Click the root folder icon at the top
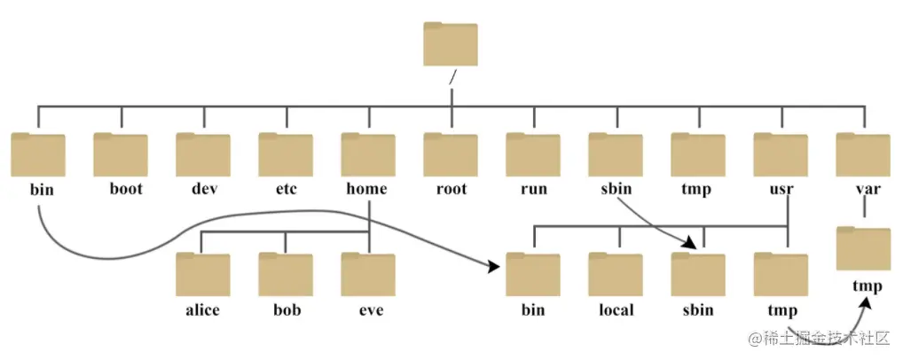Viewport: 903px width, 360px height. tap(451, 44)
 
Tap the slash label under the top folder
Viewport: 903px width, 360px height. tap(452, 77)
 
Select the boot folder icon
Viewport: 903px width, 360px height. tap(121, 154)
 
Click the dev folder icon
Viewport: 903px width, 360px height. tap(203, 154)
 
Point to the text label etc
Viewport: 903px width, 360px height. tap(286, 189)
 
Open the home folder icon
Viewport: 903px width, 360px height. tap(368, 154)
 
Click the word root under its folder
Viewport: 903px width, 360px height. tap(451, 189)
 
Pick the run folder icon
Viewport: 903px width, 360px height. tap(533, 154)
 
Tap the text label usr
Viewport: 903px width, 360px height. tap(781, 189)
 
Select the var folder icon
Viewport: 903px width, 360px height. tap(863, 154)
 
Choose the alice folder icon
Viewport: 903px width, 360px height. tap(203, 274)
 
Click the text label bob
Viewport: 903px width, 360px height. tap(286, 309)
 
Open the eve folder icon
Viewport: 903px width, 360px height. tap(368, 274)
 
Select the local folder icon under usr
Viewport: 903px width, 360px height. tap(616, 274)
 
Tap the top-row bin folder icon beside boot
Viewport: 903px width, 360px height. tap(38, 154)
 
